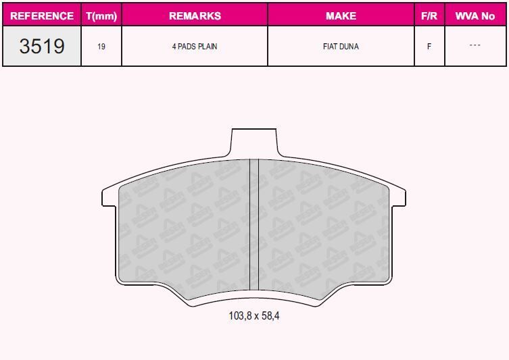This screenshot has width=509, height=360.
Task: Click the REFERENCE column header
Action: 42,16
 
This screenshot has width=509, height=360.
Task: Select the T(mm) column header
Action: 101,16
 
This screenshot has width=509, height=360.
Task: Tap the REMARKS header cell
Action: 195,16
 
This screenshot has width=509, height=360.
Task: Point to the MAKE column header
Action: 341,16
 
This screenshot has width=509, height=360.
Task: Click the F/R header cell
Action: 429,16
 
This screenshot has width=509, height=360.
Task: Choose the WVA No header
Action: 475,16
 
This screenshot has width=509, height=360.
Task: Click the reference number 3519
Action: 42,46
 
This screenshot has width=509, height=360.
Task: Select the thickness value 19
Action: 101,47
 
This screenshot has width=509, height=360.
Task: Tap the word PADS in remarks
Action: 187,47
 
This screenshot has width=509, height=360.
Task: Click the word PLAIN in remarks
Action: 208,47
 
